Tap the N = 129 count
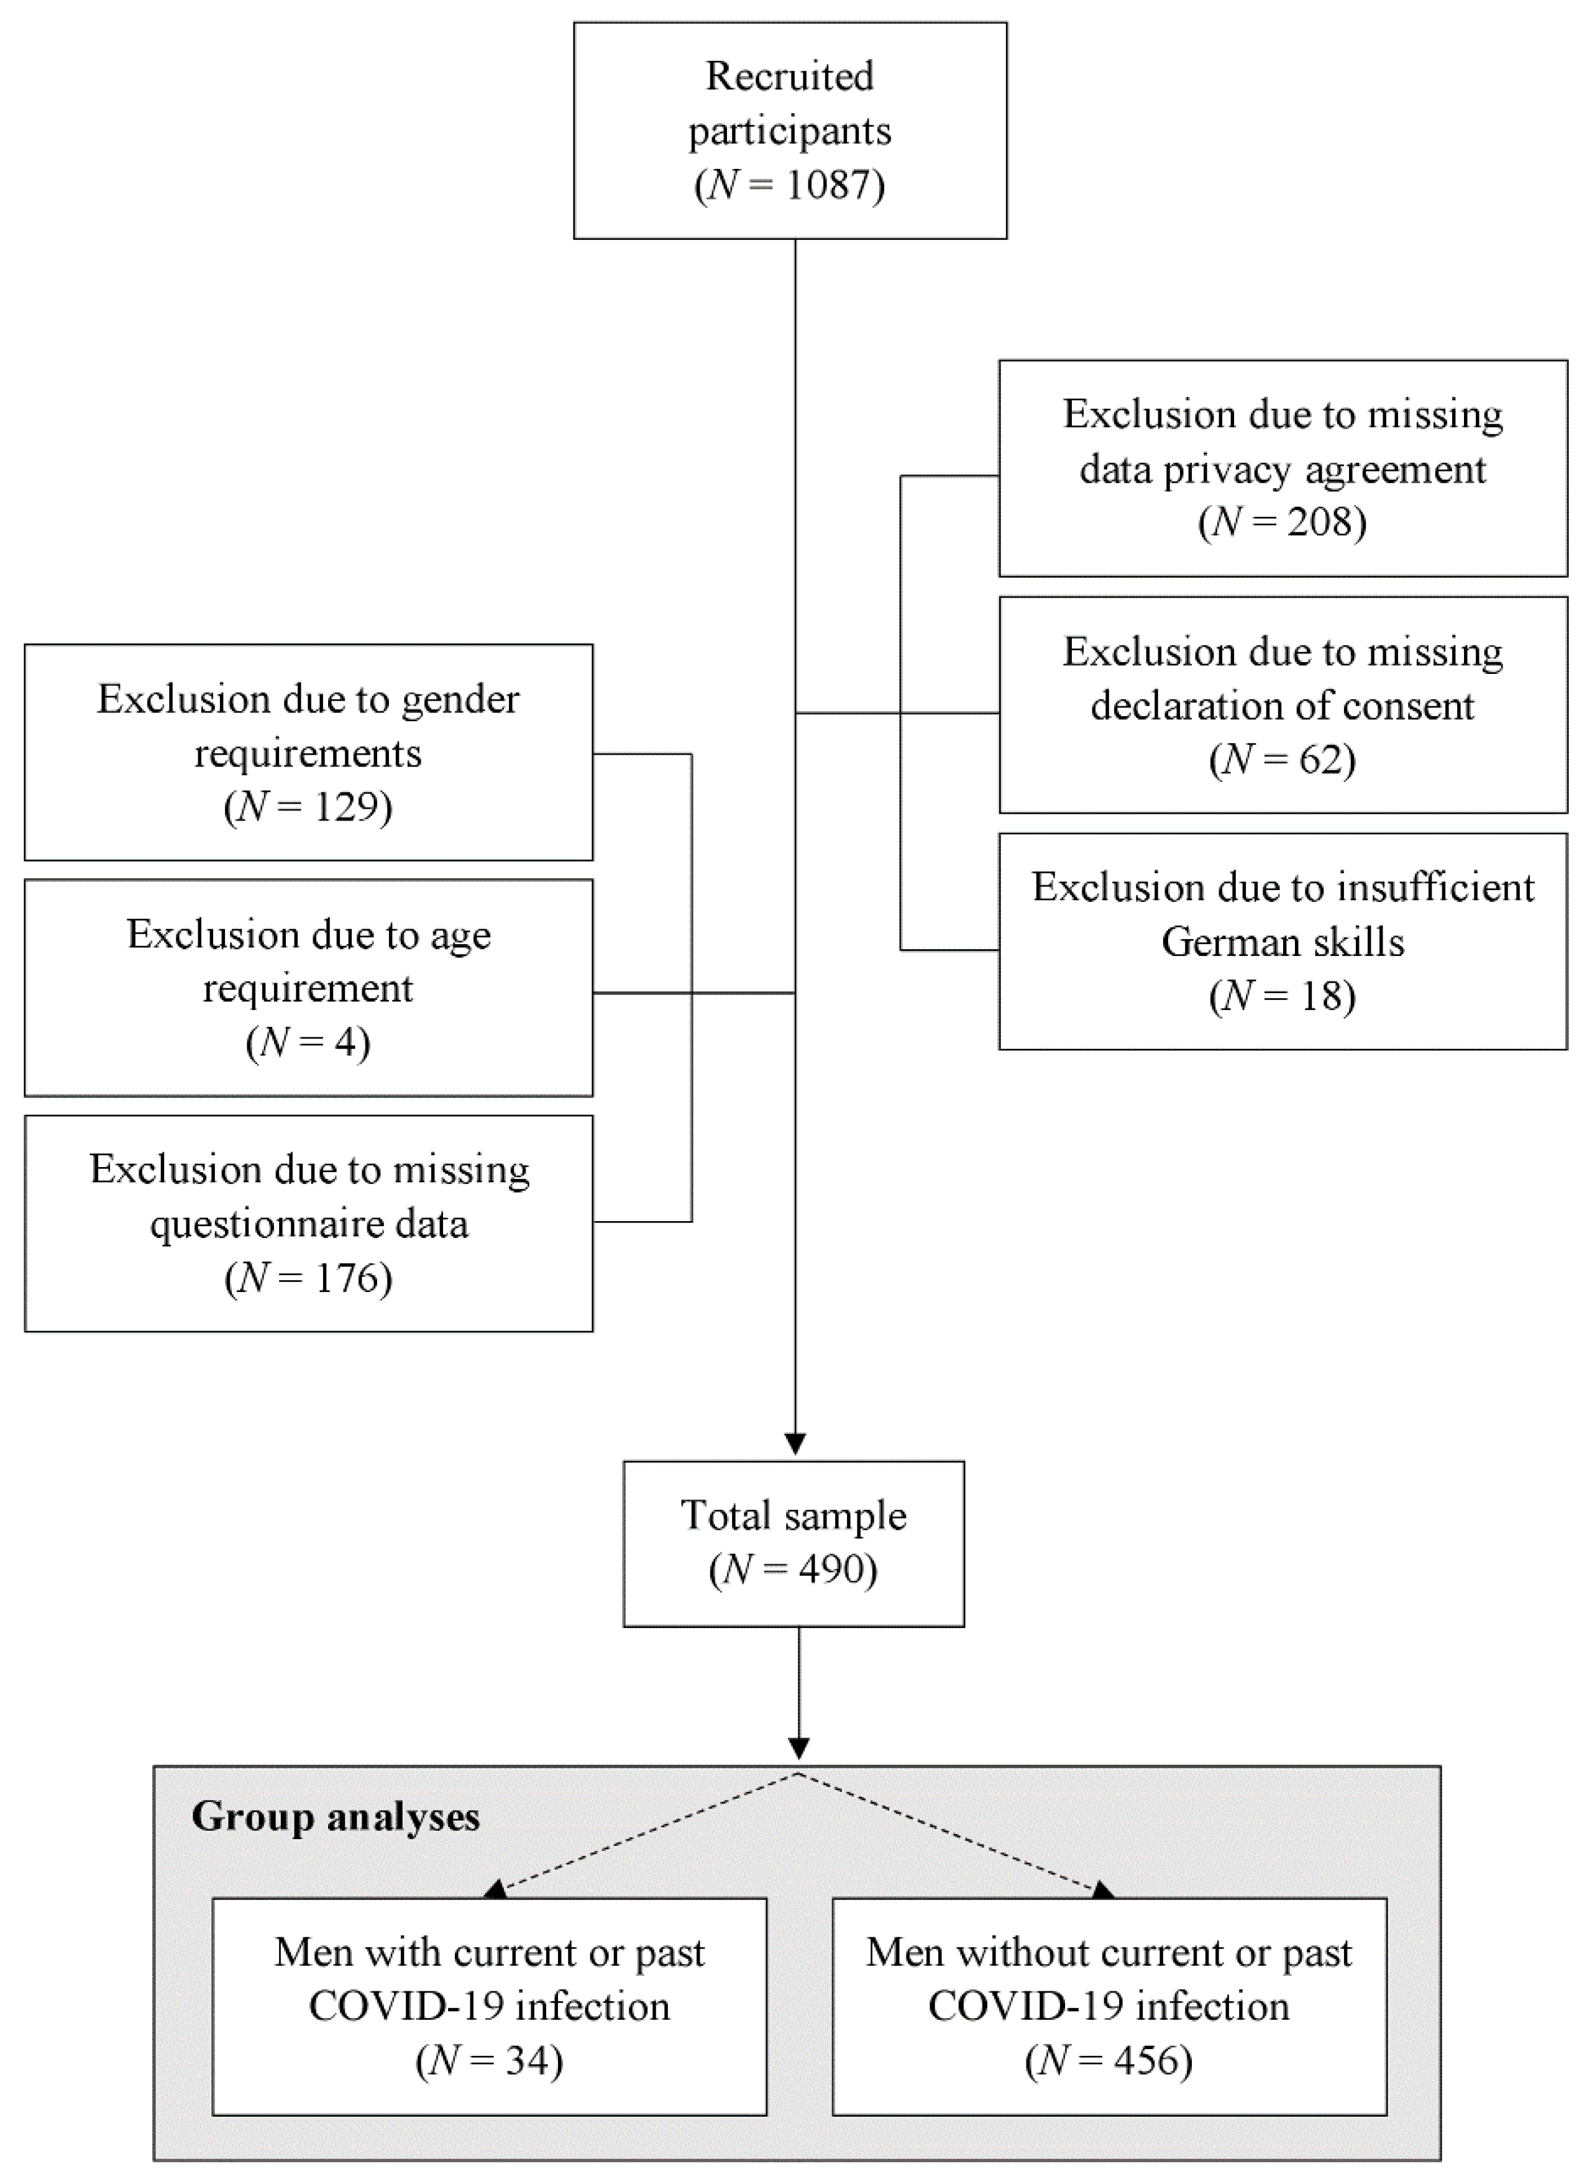(x=308, y=806)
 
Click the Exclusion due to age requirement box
(x=308, y=987)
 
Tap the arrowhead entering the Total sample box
(x=795, y=1444)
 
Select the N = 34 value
(x=489, y=2061)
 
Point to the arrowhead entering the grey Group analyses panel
(x=799, y=1747)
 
